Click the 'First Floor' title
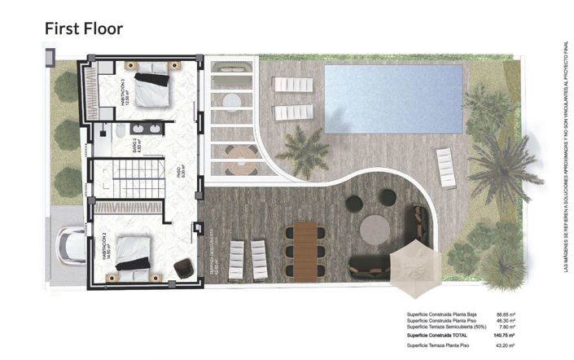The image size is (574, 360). [x=83, y=29]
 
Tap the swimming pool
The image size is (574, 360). [x=393, y=99]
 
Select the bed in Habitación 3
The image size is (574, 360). [x=152, y=87]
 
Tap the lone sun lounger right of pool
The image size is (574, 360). [x=446, y=168]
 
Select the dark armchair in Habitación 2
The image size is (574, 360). [x=183, y=268]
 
